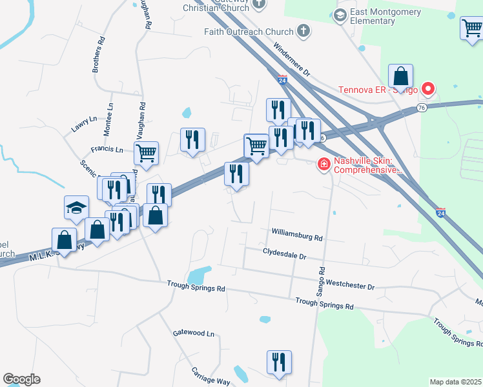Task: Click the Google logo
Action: point(21,379)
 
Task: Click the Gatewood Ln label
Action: point(193,333)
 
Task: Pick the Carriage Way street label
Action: point(211,376)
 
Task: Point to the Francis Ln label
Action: point(107,149)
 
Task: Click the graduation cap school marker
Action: point(76,208)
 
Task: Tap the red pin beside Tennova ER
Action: point(427,88)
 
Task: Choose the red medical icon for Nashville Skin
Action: point(324,166)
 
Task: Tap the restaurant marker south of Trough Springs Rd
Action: point(279,362)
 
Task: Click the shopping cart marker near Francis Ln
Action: point(147,154)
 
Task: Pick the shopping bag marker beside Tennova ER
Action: point(401,76)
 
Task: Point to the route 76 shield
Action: point(422,107)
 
